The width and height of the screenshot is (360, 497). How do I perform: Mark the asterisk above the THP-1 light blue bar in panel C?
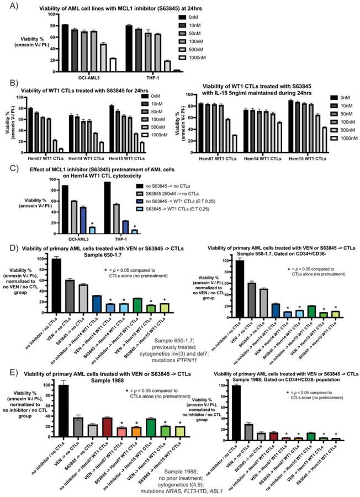point(135,226)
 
